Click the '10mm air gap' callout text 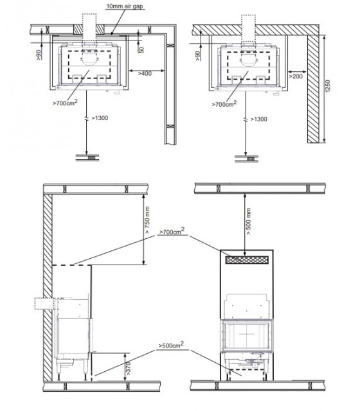(x=125, y=6)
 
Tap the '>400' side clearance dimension (x=145, y=74)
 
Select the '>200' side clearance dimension (x=296, y=76)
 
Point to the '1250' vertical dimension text (x=327, y=86)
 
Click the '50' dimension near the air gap (x=141, y=50)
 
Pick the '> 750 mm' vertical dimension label (x=147, y=220)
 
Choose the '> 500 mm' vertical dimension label (x=249, y=221)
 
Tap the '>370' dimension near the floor (x=129, y=368)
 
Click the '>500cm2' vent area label (x=171, y=345)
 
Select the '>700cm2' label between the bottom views (x=172, y=231)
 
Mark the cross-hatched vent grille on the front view (x=247, y=259)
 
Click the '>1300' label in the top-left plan (x=100, y=118)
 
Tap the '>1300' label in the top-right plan (x=258, y=119)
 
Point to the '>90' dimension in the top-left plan (x=39, y=55)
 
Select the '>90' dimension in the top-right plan (x=198, y=56)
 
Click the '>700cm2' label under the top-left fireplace (x=65, y=103)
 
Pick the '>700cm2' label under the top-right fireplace (x=224, y=103)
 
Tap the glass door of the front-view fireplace (x=247, y=335)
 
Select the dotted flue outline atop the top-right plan (x=248, y=28)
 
